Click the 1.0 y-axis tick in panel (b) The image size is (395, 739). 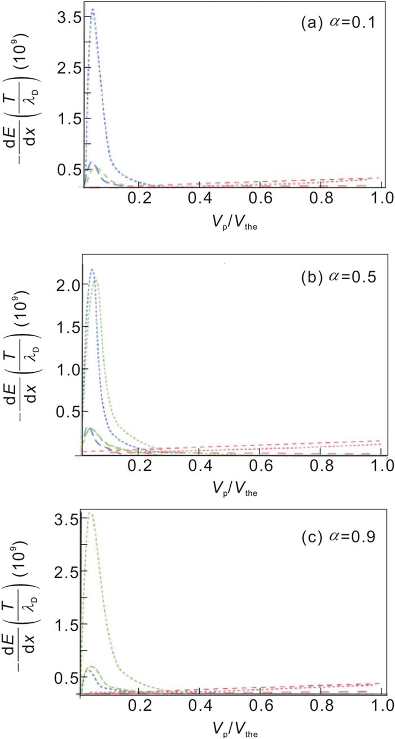[x=68, y=368]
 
